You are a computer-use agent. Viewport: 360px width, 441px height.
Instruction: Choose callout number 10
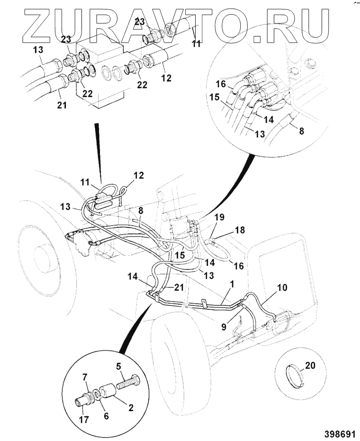[x=281, y=288]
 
